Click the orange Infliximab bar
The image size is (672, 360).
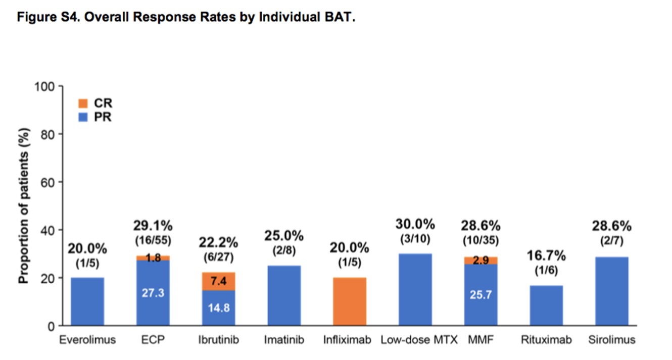tap(350, 301)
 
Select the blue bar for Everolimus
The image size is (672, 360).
tap(87, 301)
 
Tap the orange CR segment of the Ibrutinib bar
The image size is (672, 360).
tap(218, 281)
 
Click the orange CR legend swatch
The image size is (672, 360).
tap(83, 104)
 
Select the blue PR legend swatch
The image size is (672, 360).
tap(83, 118)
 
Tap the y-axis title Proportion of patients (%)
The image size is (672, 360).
tap(24, 206)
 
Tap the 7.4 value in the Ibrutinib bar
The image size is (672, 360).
tap(218, 281)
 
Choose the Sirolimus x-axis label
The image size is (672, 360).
tap(612, 340)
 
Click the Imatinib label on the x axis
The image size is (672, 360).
tap(284, 340)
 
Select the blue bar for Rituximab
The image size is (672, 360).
tap(546, 305)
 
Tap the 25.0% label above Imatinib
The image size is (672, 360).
tap(284, 236)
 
